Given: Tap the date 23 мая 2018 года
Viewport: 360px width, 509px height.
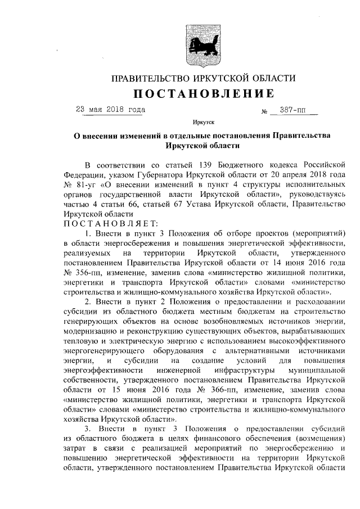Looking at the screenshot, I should (x=110, y=110).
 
